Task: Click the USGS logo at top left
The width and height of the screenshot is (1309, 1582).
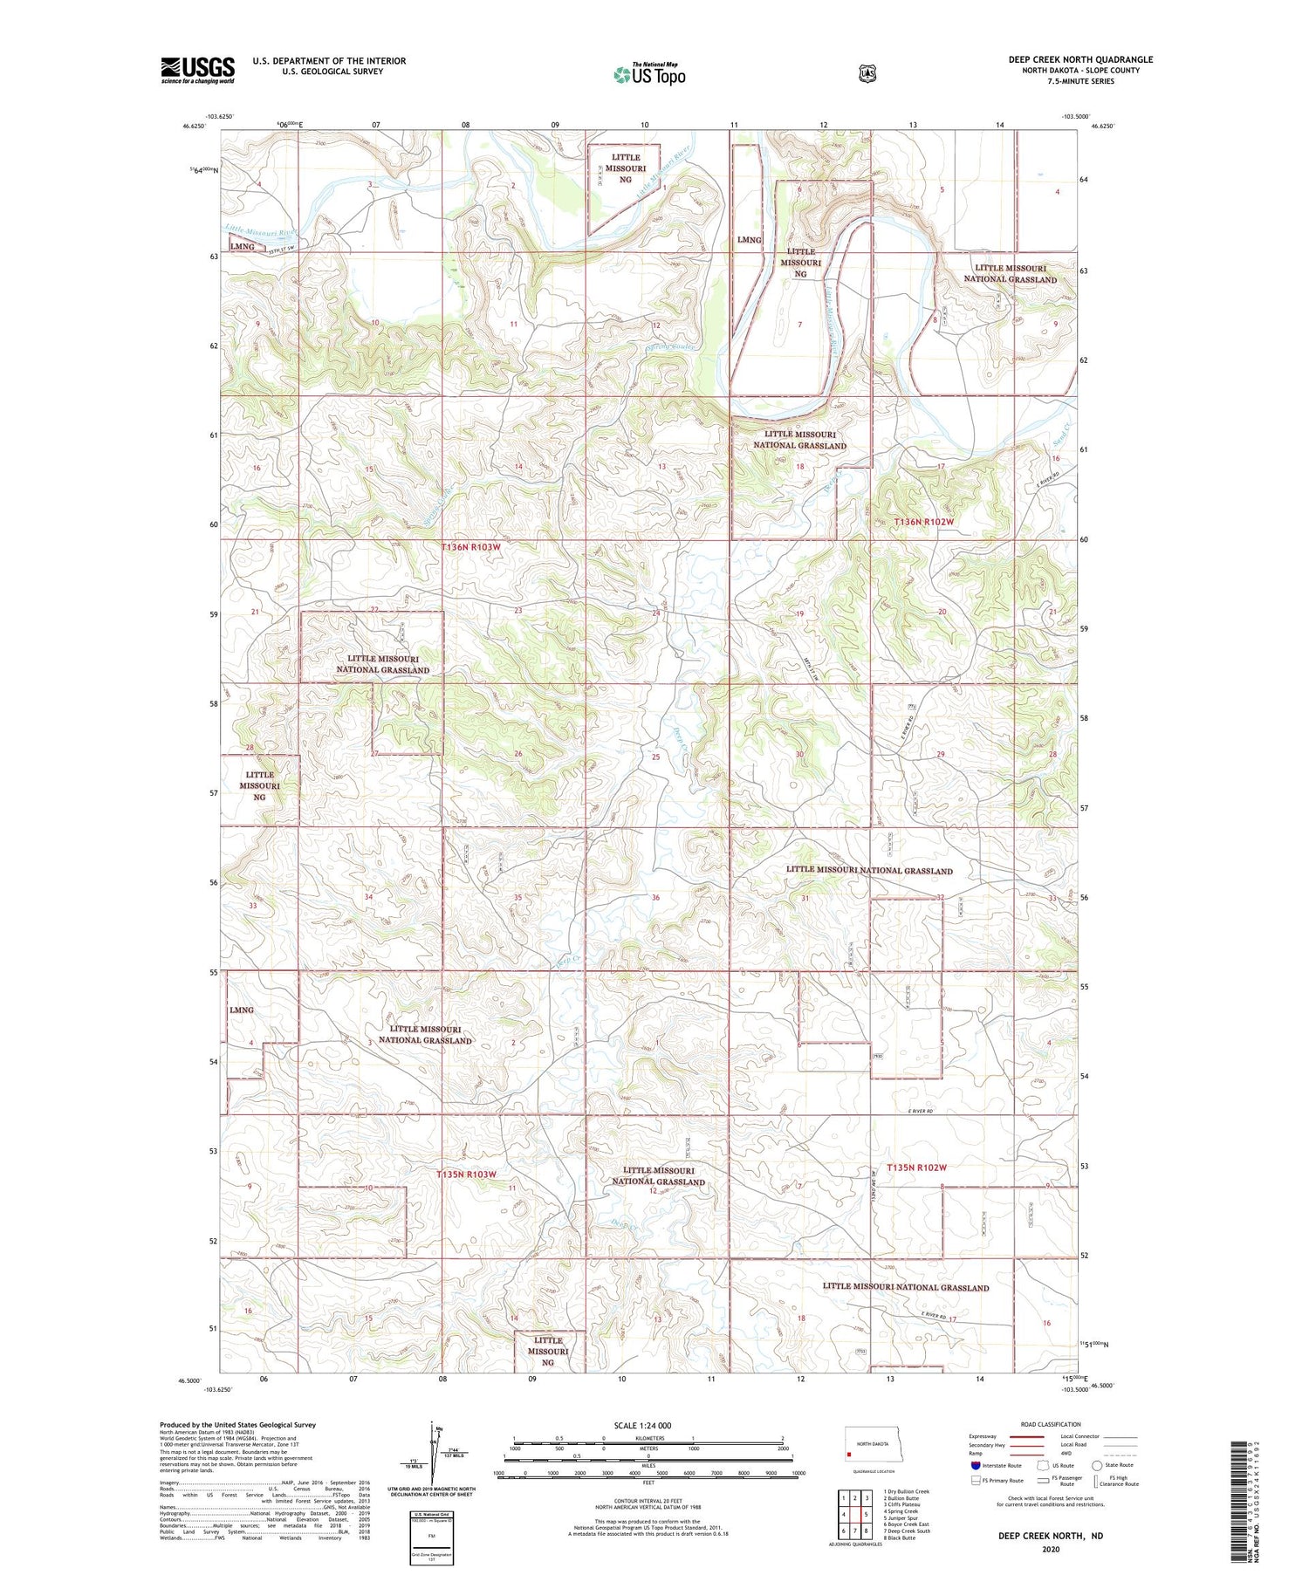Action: [197, 70]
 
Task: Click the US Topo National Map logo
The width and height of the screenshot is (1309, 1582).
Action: [648, 73]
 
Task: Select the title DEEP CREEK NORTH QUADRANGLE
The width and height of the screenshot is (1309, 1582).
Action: [1080, 59]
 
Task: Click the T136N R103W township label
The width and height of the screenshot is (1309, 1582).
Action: [471, 547]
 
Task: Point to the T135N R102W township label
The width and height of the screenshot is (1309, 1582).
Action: [916, 1168]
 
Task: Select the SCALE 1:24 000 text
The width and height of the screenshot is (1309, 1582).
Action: [648, 1426]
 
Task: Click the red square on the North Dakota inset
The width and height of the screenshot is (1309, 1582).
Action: [849, 1455]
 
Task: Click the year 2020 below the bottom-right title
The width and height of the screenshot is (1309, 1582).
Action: [1051, 1550]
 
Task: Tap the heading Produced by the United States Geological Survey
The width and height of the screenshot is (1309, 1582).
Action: [237, 1425]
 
